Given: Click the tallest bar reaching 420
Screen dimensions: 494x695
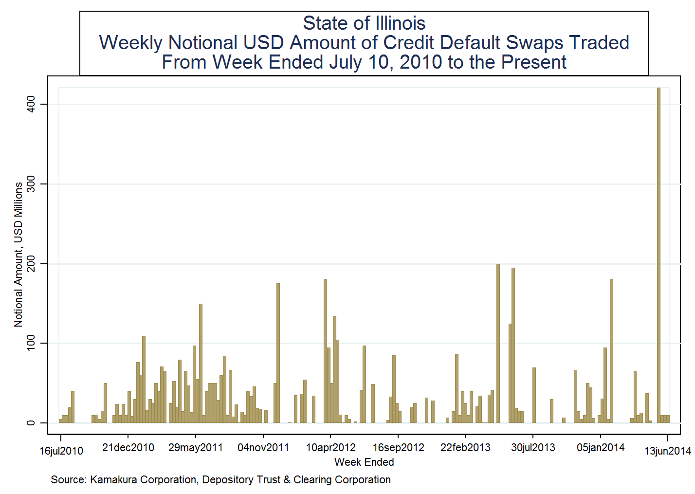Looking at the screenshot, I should tap(658, 253).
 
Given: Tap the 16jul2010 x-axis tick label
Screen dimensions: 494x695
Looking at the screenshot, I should tap(61, 451).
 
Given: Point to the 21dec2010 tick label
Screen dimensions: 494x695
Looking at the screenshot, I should tap(128, 448).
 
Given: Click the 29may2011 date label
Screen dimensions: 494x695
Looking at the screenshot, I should tap(195, 448).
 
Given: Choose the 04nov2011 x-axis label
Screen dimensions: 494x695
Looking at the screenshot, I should tap(263, 448).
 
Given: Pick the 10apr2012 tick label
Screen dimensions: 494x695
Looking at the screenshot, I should tap(330, 448).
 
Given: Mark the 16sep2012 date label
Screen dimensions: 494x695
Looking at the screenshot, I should tap(398, 448).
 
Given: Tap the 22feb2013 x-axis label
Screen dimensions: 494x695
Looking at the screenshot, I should tap(465, 448).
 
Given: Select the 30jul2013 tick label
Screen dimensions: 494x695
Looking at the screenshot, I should tap(533, 448).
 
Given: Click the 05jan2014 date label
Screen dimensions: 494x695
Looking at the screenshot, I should tap(601, 448).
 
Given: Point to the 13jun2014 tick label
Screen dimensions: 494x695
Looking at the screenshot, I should tap(667, 451).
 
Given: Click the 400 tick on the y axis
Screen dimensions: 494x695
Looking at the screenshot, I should tap(31, 104).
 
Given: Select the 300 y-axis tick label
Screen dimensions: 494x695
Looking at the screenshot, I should tap(31, 184).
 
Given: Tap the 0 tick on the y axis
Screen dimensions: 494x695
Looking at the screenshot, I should tap(31, 423).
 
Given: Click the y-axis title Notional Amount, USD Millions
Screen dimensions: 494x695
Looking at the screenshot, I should tap(18, 255).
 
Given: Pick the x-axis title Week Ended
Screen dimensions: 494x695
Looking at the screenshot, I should tap(364, 462).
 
